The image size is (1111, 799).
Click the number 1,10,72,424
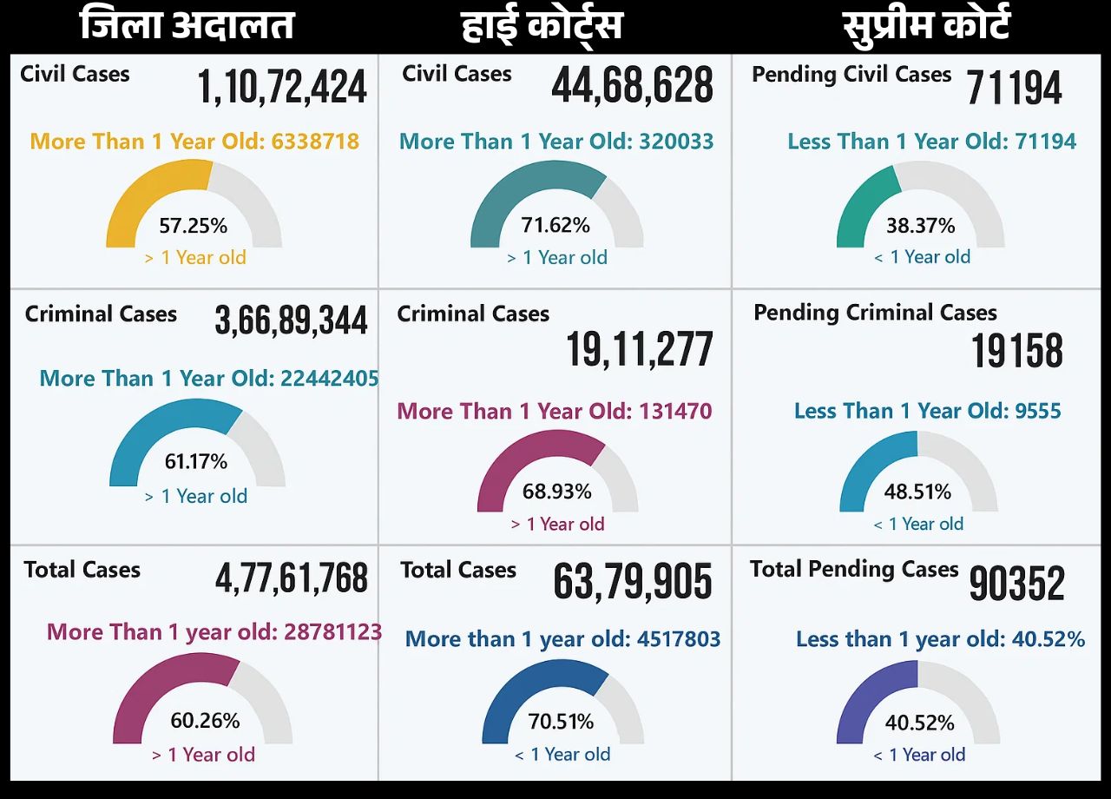coord(282,88)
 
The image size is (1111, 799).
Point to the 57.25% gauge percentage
coord(193,227)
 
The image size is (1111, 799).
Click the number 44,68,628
coord(632,86)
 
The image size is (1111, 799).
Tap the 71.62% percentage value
coord(555,226)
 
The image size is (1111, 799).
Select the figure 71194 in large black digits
coord(1014,88)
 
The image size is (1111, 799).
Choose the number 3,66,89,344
coord(291,320)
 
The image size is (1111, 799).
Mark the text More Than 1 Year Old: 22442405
coord(209,379)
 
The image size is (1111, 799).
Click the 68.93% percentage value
coord(556,492)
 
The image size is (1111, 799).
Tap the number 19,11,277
coord(640,349)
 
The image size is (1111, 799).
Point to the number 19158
coord(1017,351)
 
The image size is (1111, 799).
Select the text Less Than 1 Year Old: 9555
coord(927,411)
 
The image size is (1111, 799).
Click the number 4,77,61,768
coord(292,579)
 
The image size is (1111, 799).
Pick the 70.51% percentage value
coord(561,722)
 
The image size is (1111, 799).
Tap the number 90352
coord(1016,584)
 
